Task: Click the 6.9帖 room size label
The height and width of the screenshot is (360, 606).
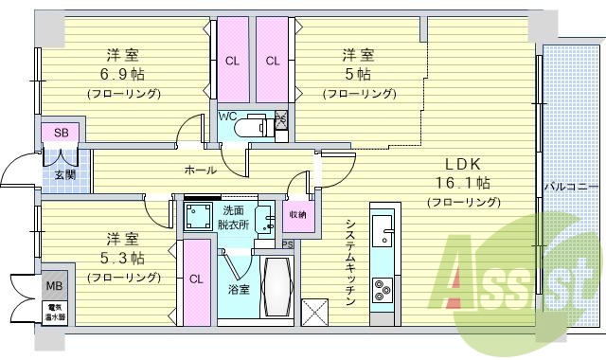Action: pyautogui.click(x=124, y=74)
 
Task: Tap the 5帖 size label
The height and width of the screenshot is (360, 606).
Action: pyautogui.click(x=358, y=74)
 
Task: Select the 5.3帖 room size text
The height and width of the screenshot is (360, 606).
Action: pyautogui.click(x=124, y=258)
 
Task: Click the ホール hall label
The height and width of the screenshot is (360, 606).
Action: pyautogui.click(x=200, y=171)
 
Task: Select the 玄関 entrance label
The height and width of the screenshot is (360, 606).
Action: pyautogui.click(x=64, y=174)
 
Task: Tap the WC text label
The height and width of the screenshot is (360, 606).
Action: pyautogui.click(x=227, y=116)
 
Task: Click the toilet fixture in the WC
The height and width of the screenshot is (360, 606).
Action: pyautogui.click(x=251, y=126)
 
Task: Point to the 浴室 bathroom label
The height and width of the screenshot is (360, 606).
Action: pyautogui.click(x=238, y=289)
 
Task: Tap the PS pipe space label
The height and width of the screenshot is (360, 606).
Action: pyautogui.click(x=287, y=243)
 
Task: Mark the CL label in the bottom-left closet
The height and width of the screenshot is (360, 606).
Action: pyautogui.click(x=196, y=279)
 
